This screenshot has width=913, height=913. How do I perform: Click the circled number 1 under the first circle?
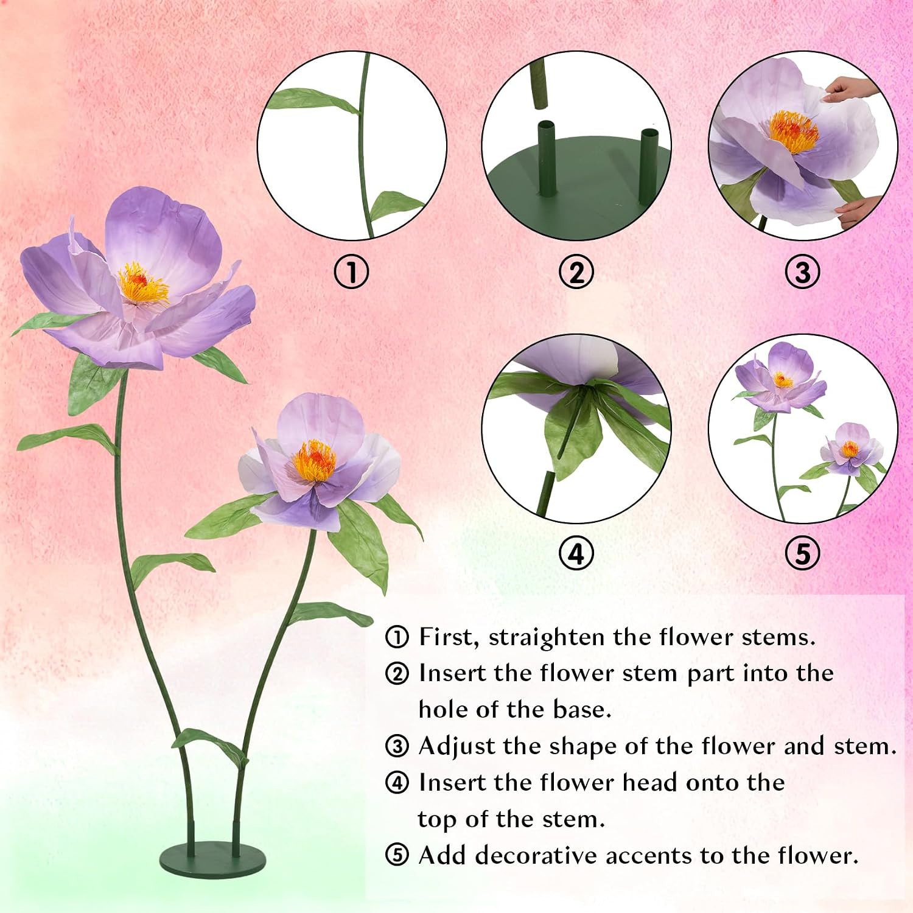(352, 272)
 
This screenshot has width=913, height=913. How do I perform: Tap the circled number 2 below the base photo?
(576, 272)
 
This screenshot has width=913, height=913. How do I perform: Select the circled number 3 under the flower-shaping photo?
(802, 272)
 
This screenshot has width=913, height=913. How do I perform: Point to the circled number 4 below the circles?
(576, 553)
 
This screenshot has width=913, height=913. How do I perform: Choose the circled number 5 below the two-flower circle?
(802, 553)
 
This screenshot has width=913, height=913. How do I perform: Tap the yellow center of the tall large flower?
(142, 284)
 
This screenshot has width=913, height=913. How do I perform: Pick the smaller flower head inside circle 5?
(850, 449)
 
